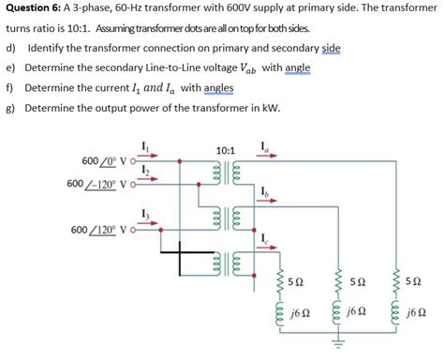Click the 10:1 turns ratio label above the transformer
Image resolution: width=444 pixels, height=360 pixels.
[x=225, y=150]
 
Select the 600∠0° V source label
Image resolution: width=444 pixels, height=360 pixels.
[x=103, y=160]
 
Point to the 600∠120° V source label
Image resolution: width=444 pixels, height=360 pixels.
[x=101, y=230]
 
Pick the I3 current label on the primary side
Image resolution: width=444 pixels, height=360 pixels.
[x=143, y=217]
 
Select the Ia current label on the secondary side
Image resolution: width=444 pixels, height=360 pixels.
[x=267, y=147]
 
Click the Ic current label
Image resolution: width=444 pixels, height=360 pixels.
[x=267, y=237]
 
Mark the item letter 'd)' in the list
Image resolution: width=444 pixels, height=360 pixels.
[x=11, y=48]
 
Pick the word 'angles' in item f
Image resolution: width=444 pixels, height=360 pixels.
[x=217, y=88]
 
